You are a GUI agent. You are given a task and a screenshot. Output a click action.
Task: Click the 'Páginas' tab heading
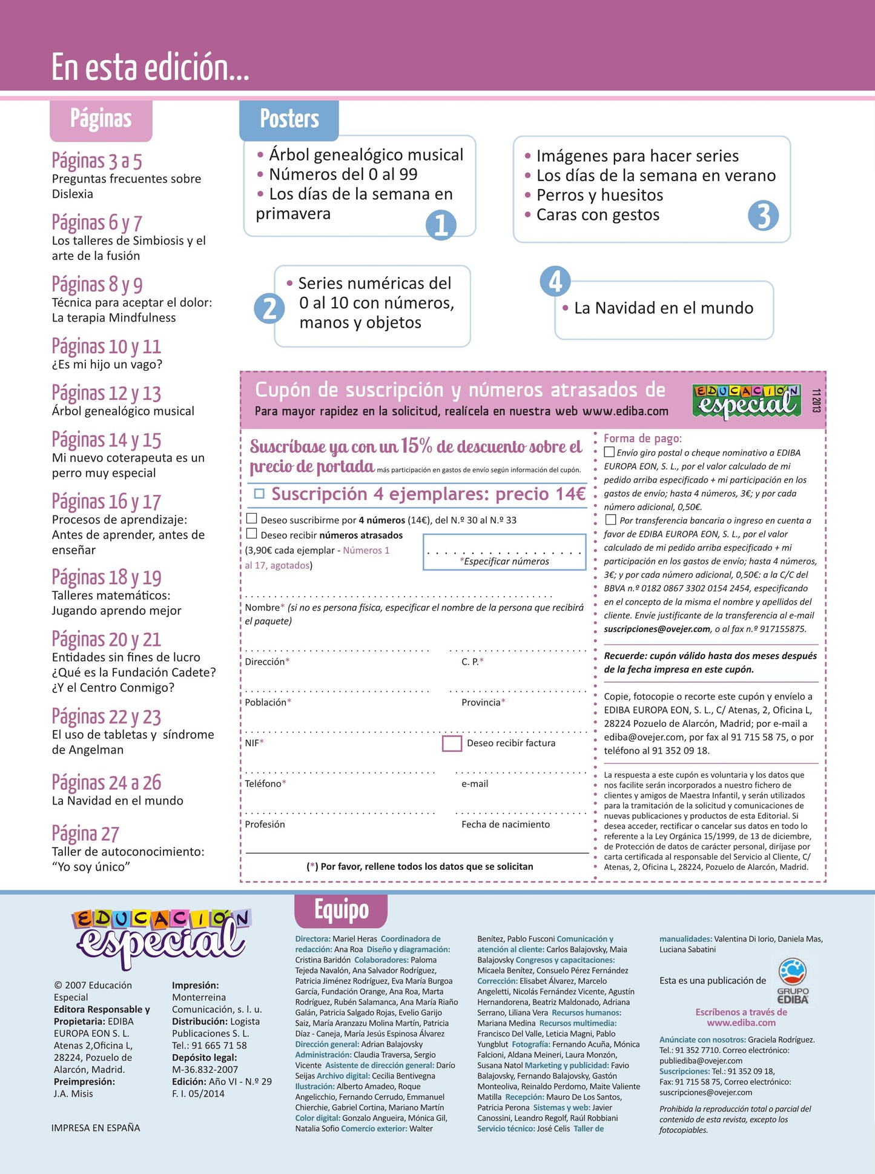(x=101, y=119)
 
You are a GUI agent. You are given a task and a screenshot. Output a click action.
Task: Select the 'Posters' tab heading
(x=289, y=119)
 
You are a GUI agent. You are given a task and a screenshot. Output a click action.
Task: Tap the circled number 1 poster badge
(x=441, y=225)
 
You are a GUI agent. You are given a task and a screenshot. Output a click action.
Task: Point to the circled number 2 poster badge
(x=269, y=308)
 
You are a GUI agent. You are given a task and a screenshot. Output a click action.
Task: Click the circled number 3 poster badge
(x=763, y=216)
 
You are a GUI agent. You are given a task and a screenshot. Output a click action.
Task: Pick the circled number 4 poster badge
(x=555, y=282)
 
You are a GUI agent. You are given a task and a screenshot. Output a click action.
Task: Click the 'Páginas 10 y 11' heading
(x=107, y=347)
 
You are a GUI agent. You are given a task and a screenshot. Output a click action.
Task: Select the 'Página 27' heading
(x=85, y=834)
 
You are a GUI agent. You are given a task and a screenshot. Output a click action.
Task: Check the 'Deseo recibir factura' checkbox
(x=452, y=743)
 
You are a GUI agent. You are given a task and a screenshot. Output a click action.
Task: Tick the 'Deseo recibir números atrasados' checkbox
(x=252, y=534)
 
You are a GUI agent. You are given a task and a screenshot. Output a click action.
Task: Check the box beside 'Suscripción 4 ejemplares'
(x=259, y=494)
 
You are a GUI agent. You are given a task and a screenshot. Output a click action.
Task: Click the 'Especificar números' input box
(x=504, y=552)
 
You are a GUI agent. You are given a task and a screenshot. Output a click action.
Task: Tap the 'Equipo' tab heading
(x=341, y=910)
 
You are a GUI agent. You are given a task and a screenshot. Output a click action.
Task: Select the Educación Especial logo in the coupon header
(x=746, y=400)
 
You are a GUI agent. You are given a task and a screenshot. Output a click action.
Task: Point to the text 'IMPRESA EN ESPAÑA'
(x=96, y=1127)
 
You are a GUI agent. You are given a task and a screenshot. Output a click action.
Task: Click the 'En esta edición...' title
(x=150, y=67)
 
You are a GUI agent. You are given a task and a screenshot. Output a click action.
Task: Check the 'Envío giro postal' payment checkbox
(x=609, y=452)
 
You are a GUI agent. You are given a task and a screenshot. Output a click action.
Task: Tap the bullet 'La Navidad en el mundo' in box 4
(x=663, y=308)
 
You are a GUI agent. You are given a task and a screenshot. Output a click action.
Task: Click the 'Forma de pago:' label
(x=642, y=438)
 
